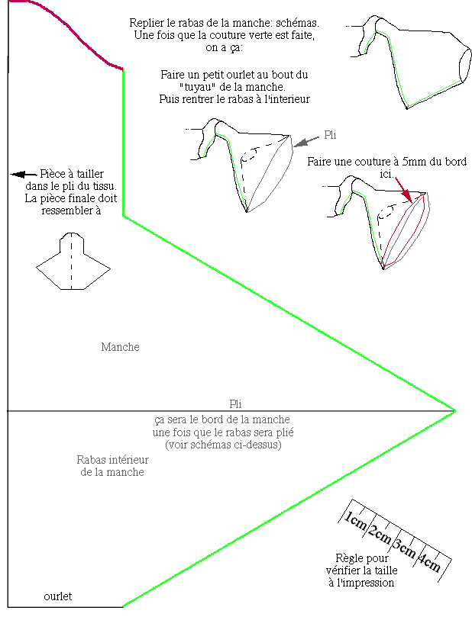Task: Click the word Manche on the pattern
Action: click(x=120, y=347)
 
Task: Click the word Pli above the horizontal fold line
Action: click(x=235, y=404)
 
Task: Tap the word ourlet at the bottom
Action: click(x=57, y=596)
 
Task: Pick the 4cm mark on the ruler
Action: click(x=429, y=564)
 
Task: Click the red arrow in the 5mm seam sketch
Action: click(x=406, y=188)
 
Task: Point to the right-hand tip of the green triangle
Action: click(x=455, y=411)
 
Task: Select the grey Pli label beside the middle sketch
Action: click(x=330, y=135)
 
